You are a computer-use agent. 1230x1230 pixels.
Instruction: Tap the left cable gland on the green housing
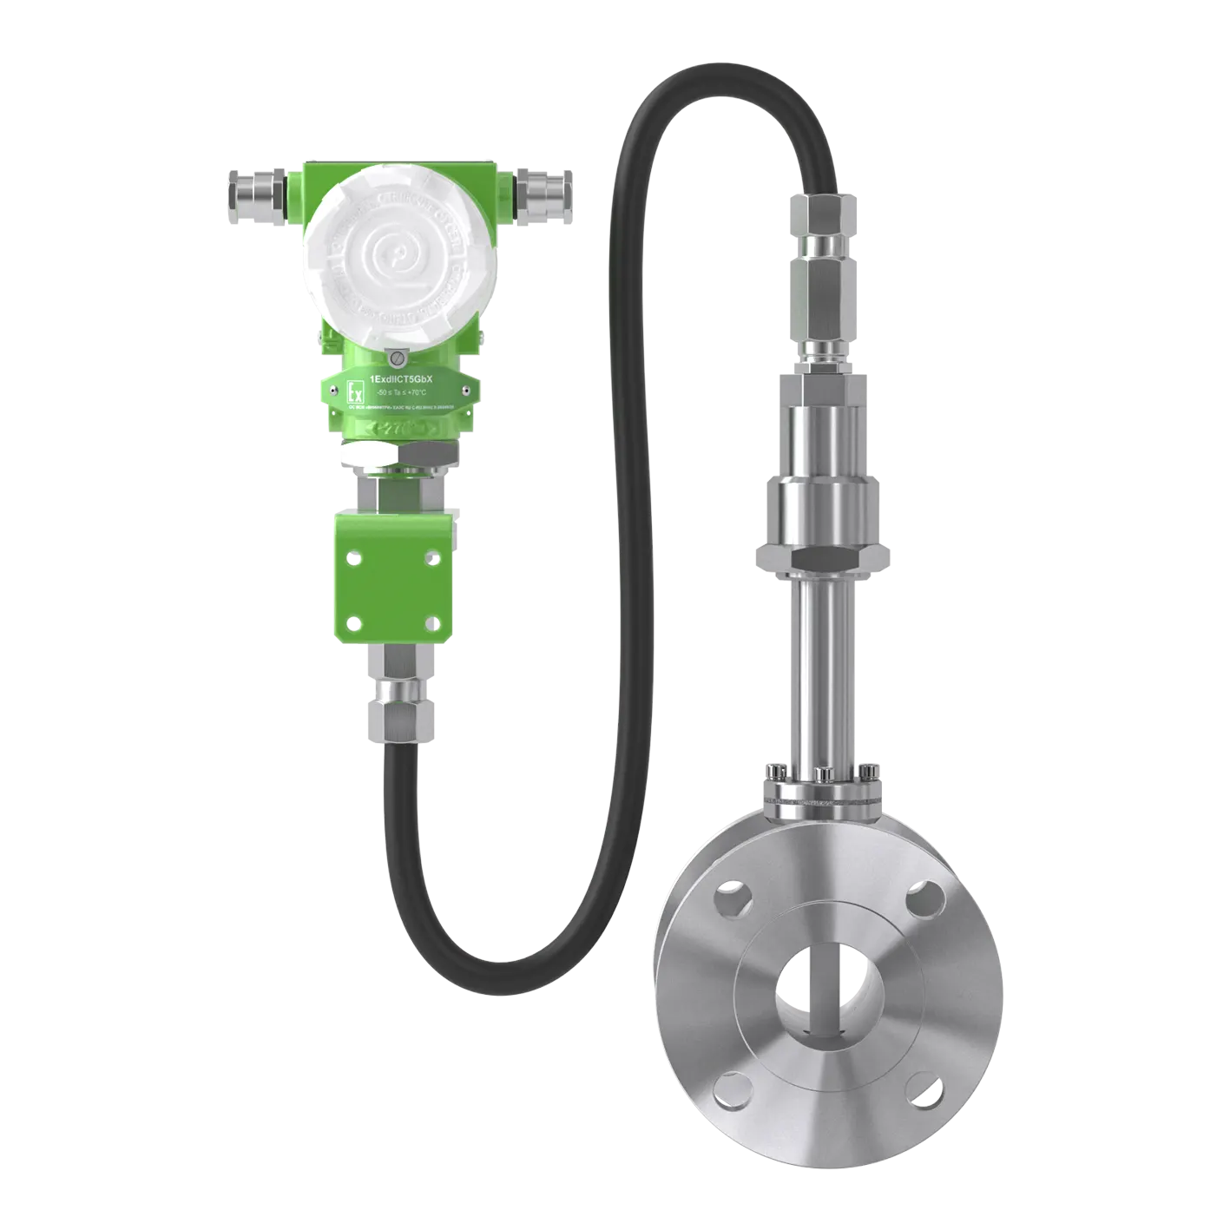click(257, 189)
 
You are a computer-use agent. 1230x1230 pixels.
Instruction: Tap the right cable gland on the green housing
click(544, 187)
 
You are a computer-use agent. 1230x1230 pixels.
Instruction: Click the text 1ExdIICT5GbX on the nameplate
click(407, 379)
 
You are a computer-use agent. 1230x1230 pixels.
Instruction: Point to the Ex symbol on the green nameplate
click(352, 391)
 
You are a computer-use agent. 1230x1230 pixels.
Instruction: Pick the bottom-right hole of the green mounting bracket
click(431, 621)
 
